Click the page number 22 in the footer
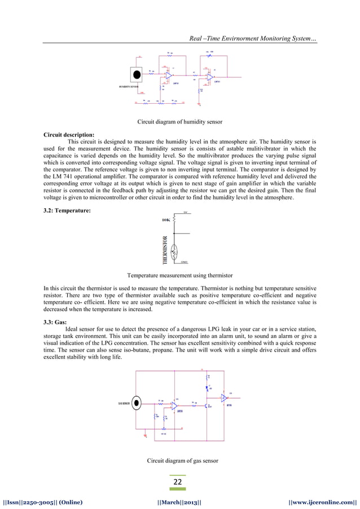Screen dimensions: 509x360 (179, 482)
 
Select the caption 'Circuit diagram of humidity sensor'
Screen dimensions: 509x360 (180, 121)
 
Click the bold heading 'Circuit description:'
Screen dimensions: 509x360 (69, 135)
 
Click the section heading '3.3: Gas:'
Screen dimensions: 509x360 (55, 320)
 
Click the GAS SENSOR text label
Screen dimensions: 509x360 (125, 403)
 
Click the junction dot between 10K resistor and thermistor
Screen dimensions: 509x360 (174, 232)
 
